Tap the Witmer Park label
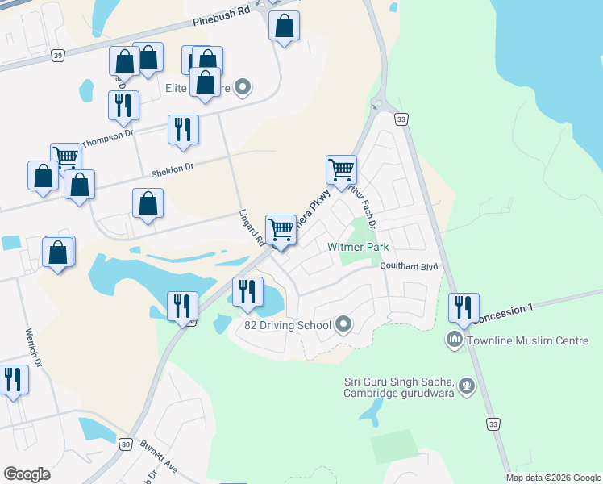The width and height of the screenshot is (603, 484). coord(359,246)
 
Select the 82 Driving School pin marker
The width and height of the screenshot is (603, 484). coord(344,325)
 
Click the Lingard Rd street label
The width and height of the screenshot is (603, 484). coord(252,228)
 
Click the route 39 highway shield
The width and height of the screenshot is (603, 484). coord(56,55)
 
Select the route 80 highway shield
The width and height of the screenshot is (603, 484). coord(125,444)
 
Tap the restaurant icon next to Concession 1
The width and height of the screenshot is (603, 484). coord(464,307)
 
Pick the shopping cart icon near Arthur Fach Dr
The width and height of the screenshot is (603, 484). coord(341,169)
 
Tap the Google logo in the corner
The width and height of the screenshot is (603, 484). coord(27,474)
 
